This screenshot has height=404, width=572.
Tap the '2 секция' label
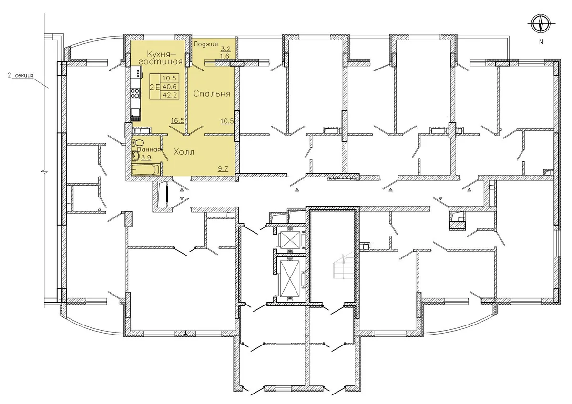tap(20, 75)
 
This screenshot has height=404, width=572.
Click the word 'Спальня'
tap(212, 94)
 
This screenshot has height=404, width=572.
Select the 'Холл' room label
tap(184, 152)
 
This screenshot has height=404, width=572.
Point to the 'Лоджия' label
tap(206, 44)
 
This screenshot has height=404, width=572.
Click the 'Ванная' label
tap(149, 149)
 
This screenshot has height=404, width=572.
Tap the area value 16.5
tap(177, 120)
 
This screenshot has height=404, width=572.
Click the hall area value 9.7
tap(223, 168)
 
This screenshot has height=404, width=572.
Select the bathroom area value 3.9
tap(146, 157)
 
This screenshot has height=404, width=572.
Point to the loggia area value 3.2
tap(225, 49)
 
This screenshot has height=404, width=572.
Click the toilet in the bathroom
tap(138, 142)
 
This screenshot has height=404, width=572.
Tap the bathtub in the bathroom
tap(145, 170)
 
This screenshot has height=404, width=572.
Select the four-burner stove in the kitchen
tap(135, 93)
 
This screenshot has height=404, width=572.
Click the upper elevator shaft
tap(291, 240)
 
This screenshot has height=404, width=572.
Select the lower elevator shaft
tap(291, 280)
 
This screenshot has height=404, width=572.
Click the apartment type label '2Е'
tap(155, 87)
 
